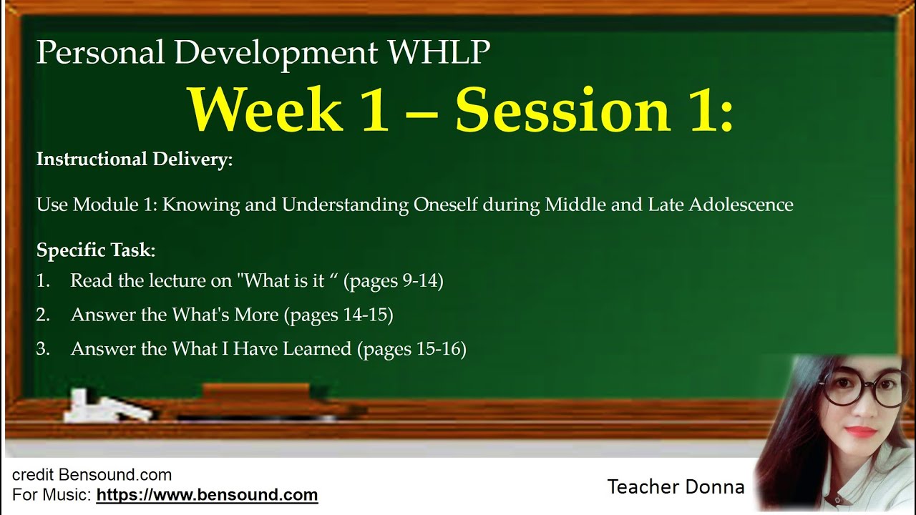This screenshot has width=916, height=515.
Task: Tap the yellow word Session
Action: (x=563, y=110)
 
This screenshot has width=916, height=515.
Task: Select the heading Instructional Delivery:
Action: (x=135, y=160)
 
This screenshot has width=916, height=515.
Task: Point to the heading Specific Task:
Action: (x=96, y=250)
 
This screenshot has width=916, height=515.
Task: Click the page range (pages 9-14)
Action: (x=394, y=281)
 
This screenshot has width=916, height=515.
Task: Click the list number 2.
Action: (x=42, y=315)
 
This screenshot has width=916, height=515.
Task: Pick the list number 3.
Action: (x=42, y=350)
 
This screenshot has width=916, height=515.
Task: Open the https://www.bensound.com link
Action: (x=207, y=495)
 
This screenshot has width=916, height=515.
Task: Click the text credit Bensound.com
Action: (x=92, y=475)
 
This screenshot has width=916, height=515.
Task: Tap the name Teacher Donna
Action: (x=676, y=488)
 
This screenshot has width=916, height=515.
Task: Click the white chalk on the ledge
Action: (x=107, y=406)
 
